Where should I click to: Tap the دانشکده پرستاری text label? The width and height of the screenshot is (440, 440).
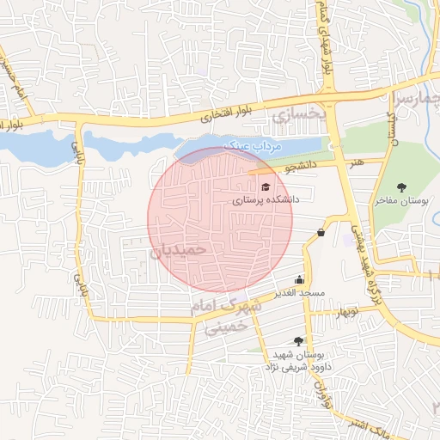point(265,199)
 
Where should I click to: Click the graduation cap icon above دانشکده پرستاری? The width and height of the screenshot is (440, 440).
point(265,186)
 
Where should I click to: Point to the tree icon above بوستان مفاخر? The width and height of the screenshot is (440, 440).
point(401,186)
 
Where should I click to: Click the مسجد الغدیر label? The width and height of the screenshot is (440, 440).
point(299,293)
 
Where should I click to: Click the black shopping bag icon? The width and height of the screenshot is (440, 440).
point(321,232)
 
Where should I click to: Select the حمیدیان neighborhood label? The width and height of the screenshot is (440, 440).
point(179,250)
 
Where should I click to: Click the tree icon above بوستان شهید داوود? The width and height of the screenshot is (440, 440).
point(298,341)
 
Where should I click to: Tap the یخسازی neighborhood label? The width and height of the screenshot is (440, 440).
point(300,113)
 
